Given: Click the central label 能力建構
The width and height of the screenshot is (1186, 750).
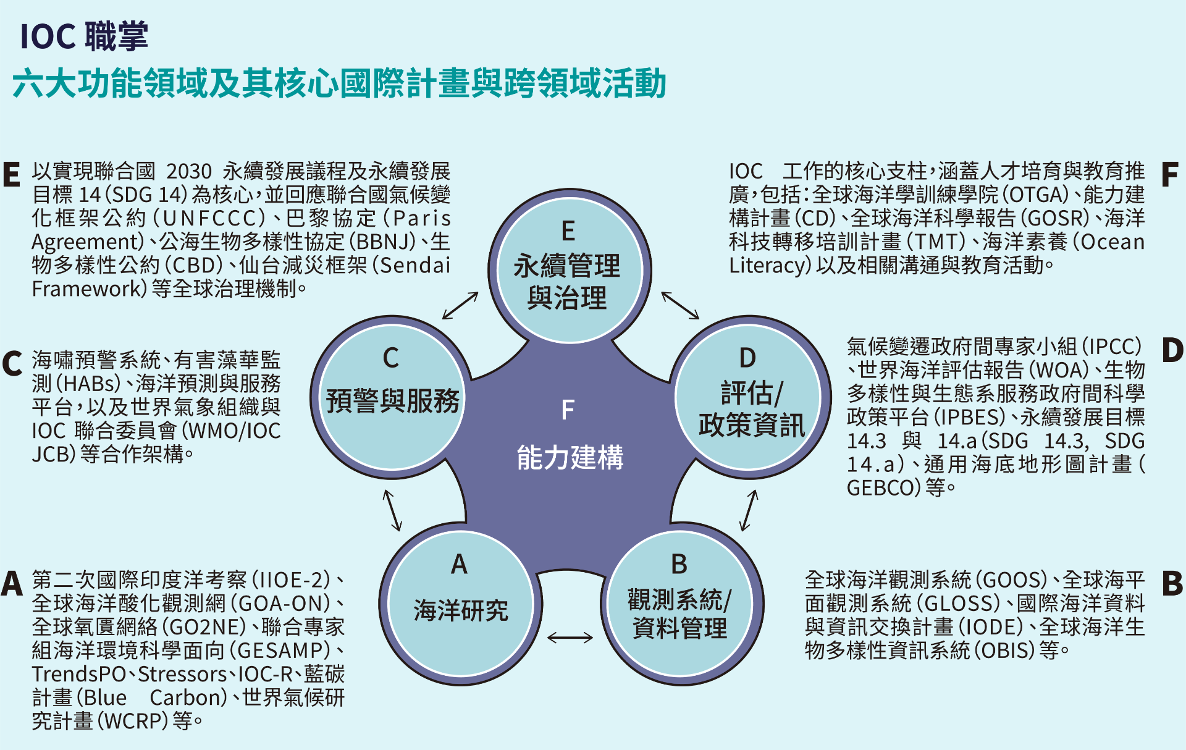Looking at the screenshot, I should pyautogui.click(x=570, y=458).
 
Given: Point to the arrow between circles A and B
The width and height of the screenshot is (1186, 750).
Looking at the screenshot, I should pyautogui.click(x=570, y=637).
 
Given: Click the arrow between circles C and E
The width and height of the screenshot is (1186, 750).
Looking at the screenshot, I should pyautogui.click(x=460, y=306).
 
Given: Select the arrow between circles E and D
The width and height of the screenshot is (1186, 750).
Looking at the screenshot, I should pyautogui.click(x=680, y=305).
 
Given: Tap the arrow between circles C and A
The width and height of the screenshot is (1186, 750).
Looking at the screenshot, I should pyautogui.click(x=392, y=510).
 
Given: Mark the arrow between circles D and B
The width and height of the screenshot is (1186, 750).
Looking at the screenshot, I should pyautogui.click(x=749, y=510).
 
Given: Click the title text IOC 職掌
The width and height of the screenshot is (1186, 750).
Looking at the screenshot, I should pyautogui.click(x=84, y=36).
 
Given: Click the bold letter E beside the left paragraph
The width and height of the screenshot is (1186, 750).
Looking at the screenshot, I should pyautogui.click(x=12, y=175).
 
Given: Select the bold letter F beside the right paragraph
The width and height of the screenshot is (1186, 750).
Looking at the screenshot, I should pyautogui.click(x=1169, y=175).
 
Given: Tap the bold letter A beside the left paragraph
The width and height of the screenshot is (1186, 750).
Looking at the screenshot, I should pyautogui.click(x=12, y=584).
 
